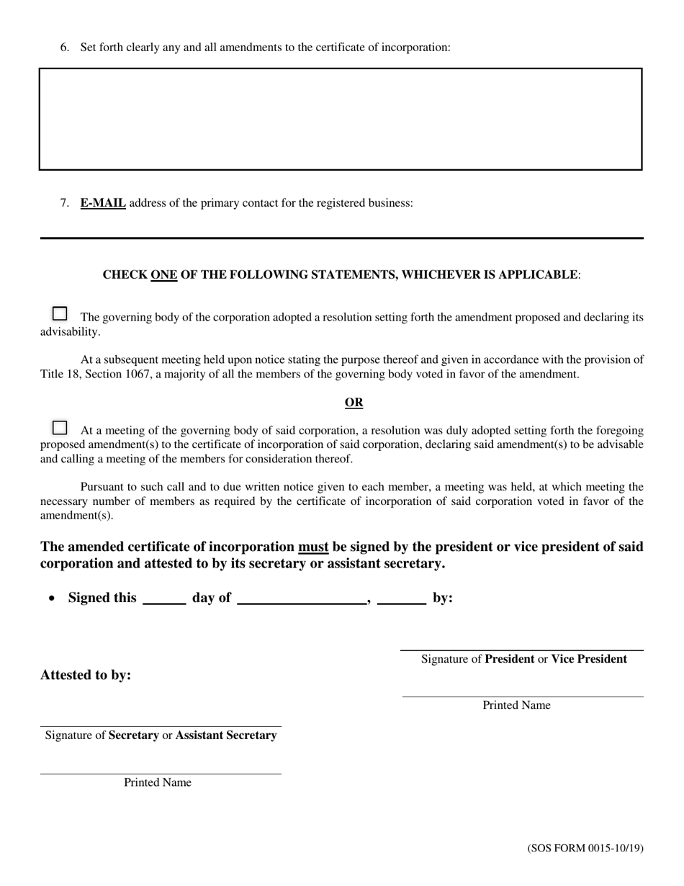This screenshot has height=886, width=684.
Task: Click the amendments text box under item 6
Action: [340, 119]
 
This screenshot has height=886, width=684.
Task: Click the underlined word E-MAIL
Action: [103, 203]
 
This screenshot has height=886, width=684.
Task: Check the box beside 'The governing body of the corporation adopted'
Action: [60, 313]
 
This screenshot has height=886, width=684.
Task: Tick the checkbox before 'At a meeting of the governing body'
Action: [60, 428]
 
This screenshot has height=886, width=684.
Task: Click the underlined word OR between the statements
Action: [354, 403]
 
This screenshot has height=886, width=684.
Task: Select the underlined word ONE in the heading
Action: [163, 275]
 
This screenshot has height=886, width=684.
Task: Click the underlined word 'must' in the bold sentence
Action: [313, 547]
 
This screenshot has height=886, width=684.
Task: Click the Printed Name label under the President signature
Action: [516, 705]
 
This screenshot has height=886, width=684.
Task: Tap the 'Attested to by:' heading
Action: [86, 676]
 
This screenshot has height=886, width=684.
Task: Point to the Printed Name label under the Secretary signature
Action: [158, 782]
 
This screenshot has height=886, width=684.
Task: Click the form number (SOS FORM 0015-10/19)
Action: [585, 848]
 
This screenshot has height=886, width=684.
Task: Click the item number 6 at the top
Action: [65, 48]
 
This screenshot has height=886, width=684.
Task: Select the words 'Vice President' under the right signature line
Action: [589, 659]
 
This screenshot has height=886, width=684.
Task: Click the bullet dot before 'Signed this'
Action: [52, 599]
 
